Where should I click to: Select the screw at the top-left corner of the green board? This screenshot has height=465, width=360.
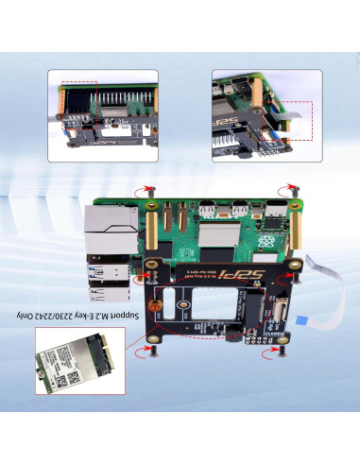coord(148,194)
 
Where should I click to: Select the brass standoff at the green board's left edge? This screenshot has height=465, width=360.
coord(149,232)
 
